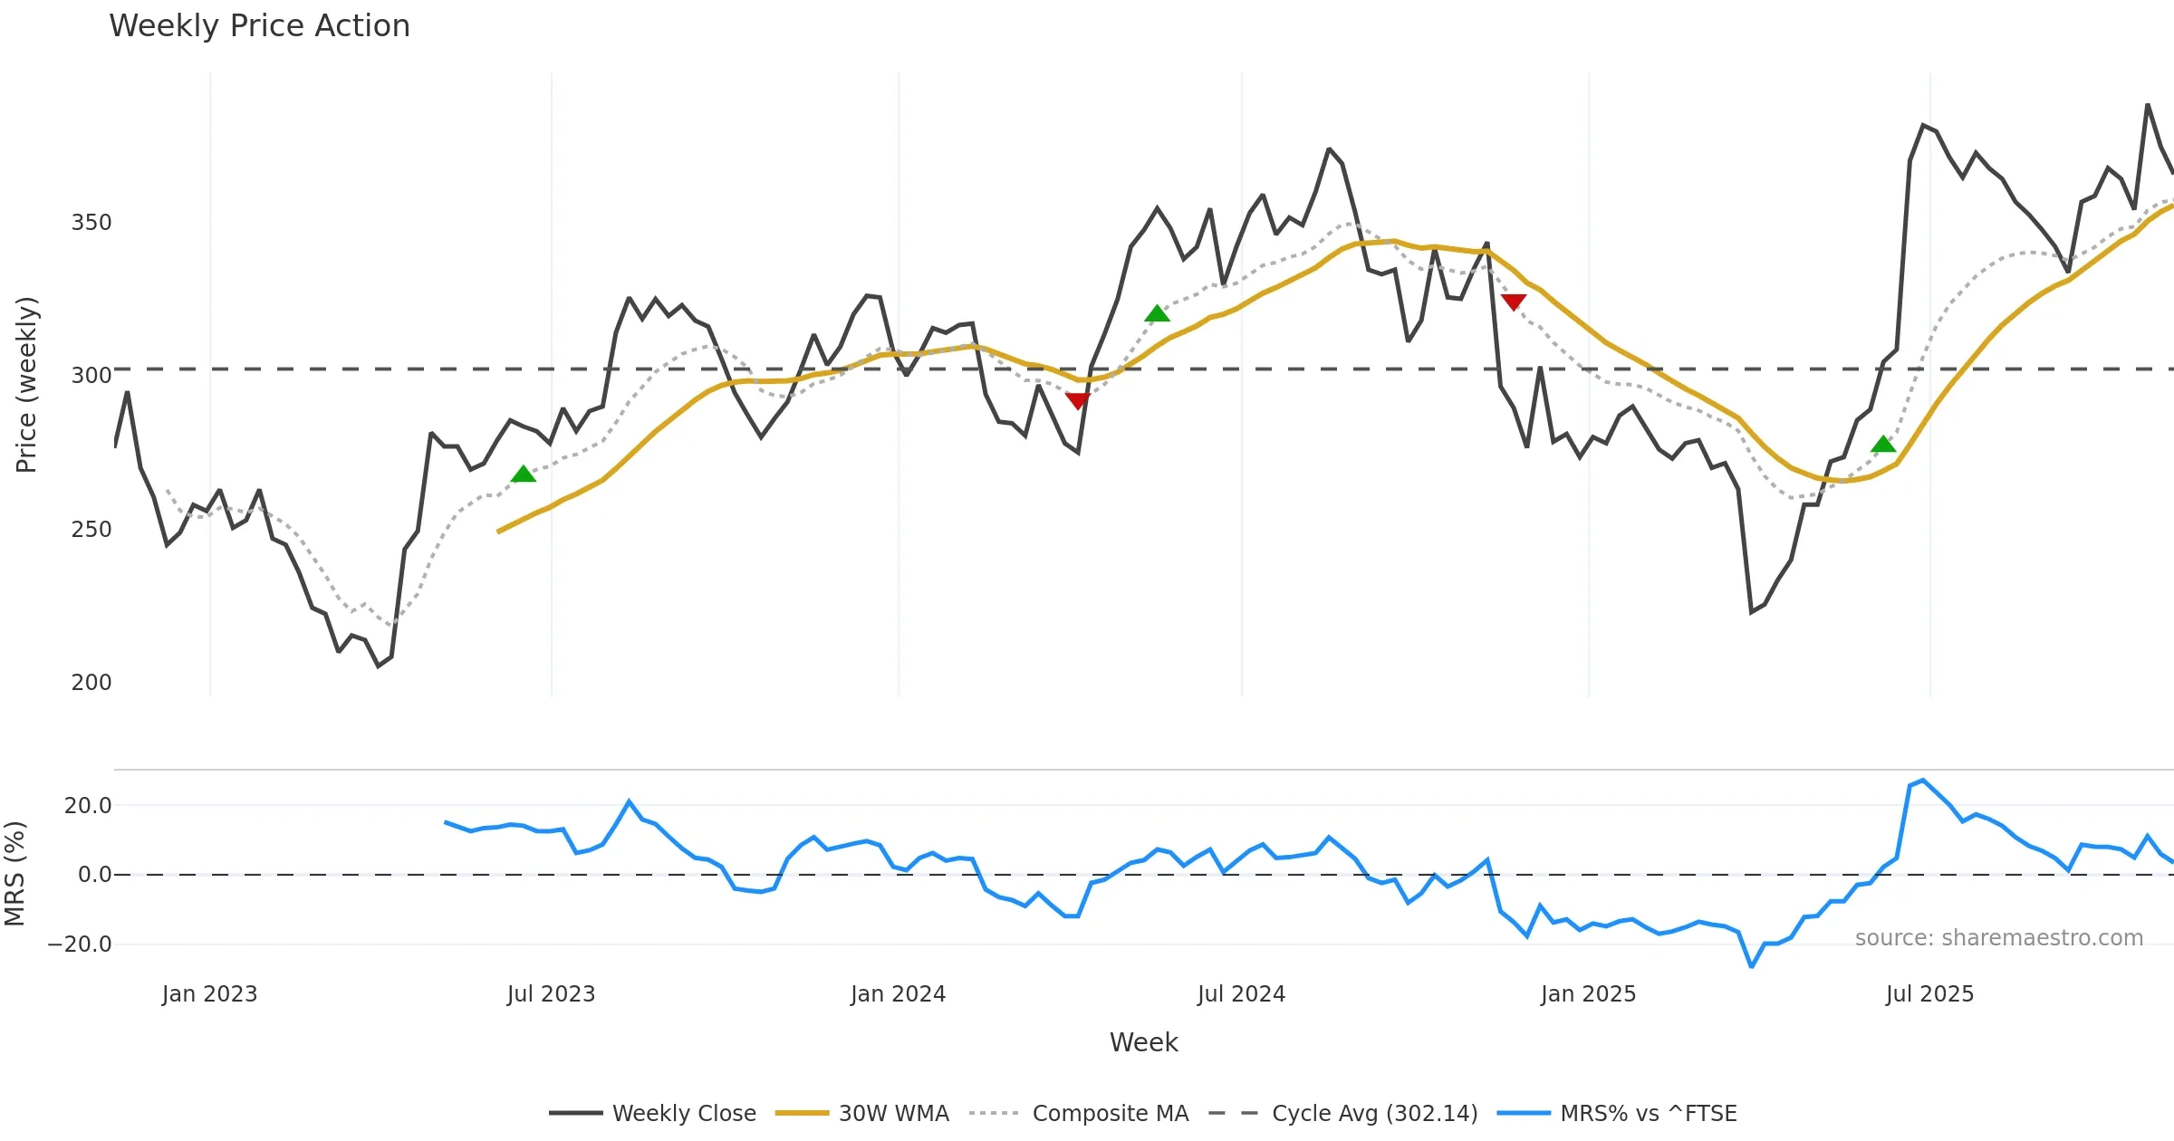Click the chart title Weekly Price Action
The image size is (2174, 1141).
coord(259,26)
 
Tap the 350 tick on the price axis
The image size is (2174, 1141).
coord(91,223)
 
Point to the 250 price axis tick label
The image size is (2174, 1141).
coord(91,530)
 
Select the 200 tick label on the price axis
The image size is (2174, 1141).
coord(91,683)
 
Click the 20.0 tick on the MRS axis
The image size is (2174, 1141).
coord(88,806)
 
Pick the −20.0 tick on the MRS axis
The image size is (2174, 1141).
coord(80,944)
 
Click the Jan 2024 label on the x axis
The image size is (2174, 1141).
coord(898,994)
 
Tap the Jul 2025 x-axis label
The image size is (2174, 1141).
coord(1929,994)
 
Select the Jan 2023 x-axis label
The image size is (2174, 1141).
coord(209,994)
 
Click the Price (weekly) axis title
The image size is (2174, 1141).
coord(26,385)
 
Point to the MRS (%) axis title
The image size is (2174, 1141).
coord(14,874)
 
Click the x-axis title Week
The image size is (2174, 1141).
coord(1143,1043)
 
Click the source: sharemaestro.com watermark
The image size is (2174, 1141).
coord(1998,938)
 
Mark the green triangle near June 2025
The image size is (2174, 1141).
coord(1883,444)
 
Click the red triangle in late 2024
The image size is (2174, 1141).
coord(1513,302)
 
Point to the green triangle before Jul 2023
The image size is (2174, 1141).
coord(524,474)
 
